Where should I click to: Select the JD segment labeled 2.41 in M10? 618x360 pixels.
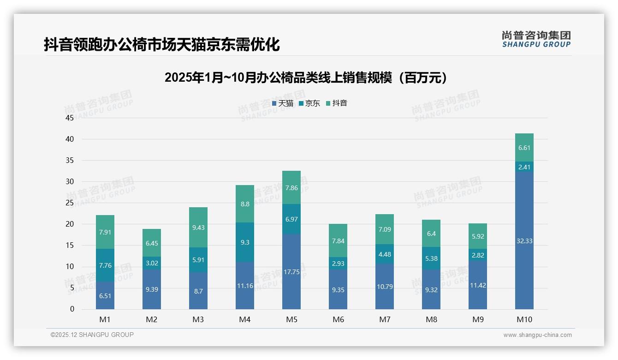tap(524, 167)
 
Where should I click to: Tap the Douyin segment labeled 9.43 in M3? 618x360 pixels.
tap(198, 227)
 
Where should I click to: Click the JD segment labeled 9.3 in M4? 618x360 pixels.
tap(245, 242)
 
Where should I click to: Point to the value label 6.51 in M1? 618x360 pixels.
tap(105, 296)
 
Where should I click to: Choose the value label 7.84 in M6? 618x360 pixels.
tap(338, 241)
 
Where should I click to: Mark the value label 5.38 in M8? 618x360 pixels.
tap(431, 259)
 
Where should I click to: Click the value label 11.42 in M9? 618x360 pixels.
tap(478, 285)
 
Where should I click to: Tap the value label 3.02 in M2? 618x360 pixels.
tap(152, 263)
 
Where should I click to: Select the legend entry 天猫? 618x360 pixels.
tap(283, 103)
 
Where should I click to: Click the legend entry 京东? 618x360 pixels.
tap(309, 103)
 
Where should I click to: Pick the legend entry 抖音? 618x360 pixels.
tap(337, 103)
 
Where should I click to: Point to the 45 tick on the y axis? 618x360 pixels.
tap(70, 118)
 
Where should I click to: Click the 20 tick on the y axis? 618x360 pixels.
tap(70, 224)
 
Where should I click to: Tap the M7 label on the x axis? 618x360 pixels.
tap(385, 319)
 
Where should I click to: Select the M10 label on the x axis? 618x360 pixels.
tap(524, 319)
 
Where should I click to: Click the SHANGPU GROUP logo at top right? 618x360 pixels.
tap(536, 39)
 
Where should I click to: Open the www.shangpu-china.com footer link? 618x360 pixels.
tap(537, 335)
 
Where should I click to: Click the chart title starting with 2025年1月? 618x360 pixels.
tap(306, 78)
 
